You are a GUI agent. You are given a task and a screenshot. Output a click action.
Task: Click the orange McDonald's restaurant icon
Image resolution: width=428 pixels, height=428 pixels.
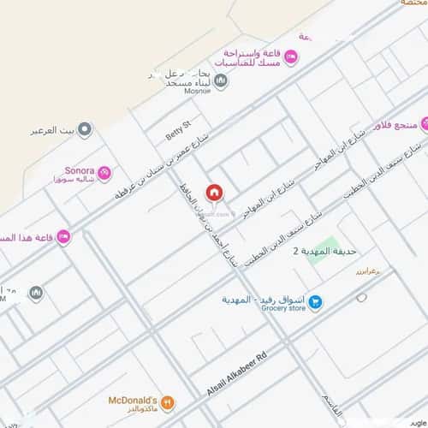click(168, 401)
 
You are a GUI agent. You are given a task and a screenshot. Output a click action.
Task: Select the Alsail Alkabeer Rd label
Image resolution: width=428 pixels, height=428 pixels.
click(237, 374)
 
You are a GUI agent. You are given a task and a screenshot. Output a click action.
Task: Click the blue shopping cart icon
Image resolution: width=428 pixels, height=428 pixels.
click(315, 301)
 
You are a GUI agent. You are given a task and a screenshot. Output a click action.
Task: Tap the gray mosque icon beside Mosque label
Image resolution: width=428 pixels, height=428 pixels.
click(221, 81)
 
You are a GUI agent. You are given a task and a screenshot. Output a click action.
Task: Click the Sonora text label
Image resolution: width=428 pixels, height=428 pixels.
click(79, 170)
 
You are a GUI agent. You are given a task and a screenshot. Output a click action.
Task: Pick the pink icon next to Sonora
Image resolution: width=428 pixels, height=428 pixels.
click(104, 174)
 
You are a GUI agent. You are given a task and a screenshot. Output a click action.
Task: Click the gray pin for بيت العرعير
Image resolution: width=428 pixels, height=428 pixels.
click(84, 130)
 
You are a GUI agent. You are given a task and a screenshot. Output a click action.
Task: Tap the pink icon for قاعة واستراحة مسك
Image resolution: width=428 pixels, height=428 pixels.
click(290, 57)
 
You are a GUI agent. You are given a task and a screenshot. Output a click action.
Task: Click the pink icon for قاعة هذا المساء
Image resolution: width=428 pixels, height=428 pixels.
click(63, 236)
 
